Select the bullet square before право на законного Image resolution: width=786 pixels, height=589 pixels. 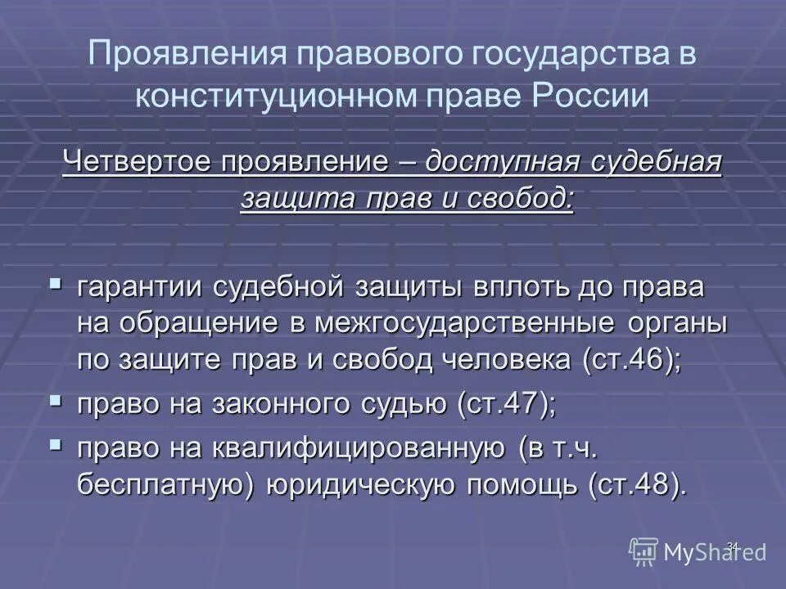click(x=55, y=401)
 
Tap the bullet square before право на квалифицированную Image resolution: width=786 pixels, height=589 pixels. click(x=55, y=445)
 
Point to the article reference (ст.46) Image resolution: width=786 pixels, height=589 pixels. click(x=629, y=361)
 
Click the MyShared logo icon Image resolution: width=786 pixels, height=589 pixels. click(x=644, y=552)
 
